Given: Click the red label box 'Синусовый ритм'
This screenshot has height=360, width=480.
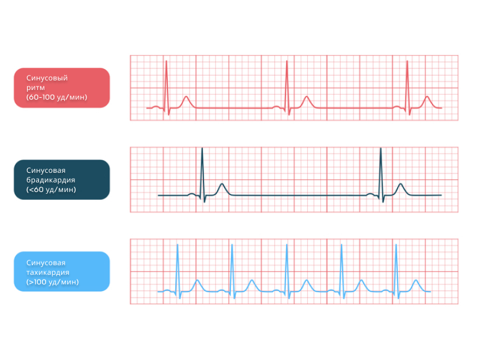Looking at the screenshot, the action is point(62,88).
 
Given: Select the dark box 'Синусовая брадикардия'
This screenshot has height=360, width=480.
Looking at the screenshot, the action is point(62,179).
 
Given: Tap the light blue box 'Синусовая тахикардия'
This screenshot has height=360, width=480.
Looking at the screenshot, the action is point(62,271).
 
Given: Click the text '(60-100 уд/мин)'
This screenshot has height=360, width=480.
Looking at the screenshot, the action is point(57,97).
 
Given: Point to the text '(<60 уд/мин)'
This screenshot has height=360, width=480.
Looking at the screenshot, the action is point(51,189).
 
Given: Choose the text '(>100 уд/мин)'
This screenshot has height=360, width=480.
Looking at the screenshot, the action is point(53,281).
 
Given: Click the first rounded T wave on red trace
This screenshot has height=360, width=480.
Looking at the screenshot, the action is point(186,98).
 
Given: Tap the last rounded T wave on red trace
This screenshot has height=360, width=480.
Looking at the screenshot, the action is point(427,98).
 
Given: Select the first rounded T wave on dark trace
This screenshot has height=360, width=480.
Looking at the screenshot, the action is point(222,186).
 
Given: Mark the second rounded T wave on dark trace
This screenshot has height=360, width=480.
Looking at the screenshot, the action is point(400,186).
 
